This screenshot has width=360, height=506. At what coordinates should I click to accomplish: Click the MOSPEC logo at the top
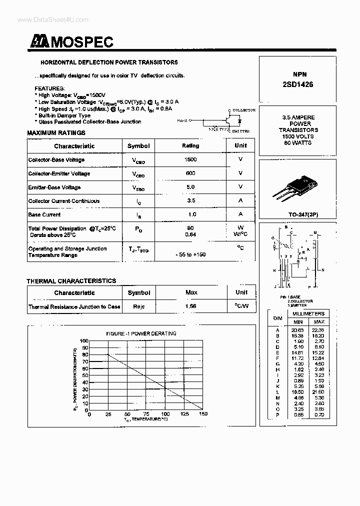[x=71, y=42]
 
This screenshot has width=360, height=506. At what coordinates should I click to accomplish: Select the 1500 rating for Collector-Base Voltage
[x=190, y=159]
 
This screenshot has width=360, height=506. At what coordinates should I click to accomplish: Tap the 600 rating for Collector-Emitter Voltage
[x=190, y=173]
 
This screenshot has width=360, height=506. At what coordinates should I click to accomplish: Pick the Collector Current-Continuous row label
[x=64, y=201]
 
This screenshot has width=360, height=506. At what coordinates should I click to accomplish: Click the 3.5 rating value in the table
[x=190, y=201]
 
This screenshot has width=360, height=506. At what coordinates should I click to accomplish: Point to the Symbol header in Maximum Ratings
[x=138, y=146]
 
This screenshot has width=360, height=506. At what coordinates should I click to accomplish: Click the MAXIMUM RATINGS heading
[x=56, y=133]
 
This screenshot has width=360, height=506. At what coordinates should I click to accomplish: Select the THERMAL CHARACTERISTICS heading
[x=71, y=281]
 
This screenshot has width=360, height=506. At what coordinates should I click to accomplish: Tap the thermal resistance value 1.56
[x=190, y=306]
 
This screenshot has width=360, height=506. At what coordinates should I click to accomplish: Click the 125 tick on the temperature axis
[x=184, y=414]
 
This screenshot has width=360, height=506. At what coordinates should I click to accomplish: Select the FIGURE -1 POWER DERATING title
[x=141, y=333]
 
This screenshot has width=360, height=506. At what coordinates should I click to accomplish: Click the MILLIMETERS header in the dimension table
[x=308, y=313]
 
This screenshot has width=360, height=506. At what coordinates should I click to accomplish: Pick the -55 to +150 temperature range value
[x=190, y=254]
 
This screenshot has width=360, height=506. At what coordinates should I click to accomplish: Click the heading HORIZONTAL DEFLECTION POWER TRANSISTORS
[x=109, y=62]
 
